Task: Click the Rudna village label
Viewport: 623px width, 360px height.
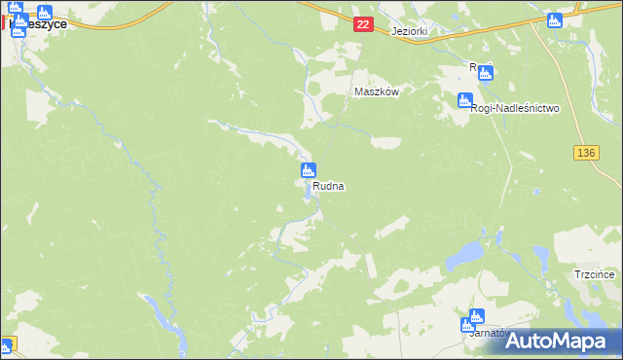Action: [329, 185]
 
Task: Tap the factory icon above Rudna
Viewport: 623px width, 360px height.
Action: [307, 171]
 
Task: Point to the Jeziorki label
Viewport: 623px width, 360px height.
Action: [410, 31]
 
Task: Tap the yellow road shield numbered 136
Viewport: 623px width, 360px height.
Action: [584, 154]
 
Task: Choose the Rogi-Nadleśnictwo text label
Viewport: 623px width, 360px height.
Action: [514, 109]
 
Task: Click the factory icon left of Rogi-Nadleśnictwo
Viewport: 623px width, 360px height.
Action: [464, 100]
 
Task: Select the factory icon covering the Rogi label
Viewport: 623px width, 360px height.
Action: [485, 71]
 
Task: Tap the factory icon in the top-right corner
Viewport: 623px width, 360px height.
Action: [556, 20]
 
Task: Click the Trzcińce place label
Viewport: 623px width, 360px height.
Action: [594, 275]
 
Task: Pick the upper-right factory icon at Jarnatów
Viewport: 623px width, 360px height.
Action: [476, 316]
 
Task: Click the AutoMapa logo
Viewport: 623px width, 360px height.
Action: [557, 341]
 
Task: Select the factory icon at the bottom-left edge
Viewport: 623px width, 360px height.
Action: [6, 344]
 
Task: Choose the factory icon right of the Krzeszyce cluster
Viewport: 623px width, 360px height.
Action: [44, 13]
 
